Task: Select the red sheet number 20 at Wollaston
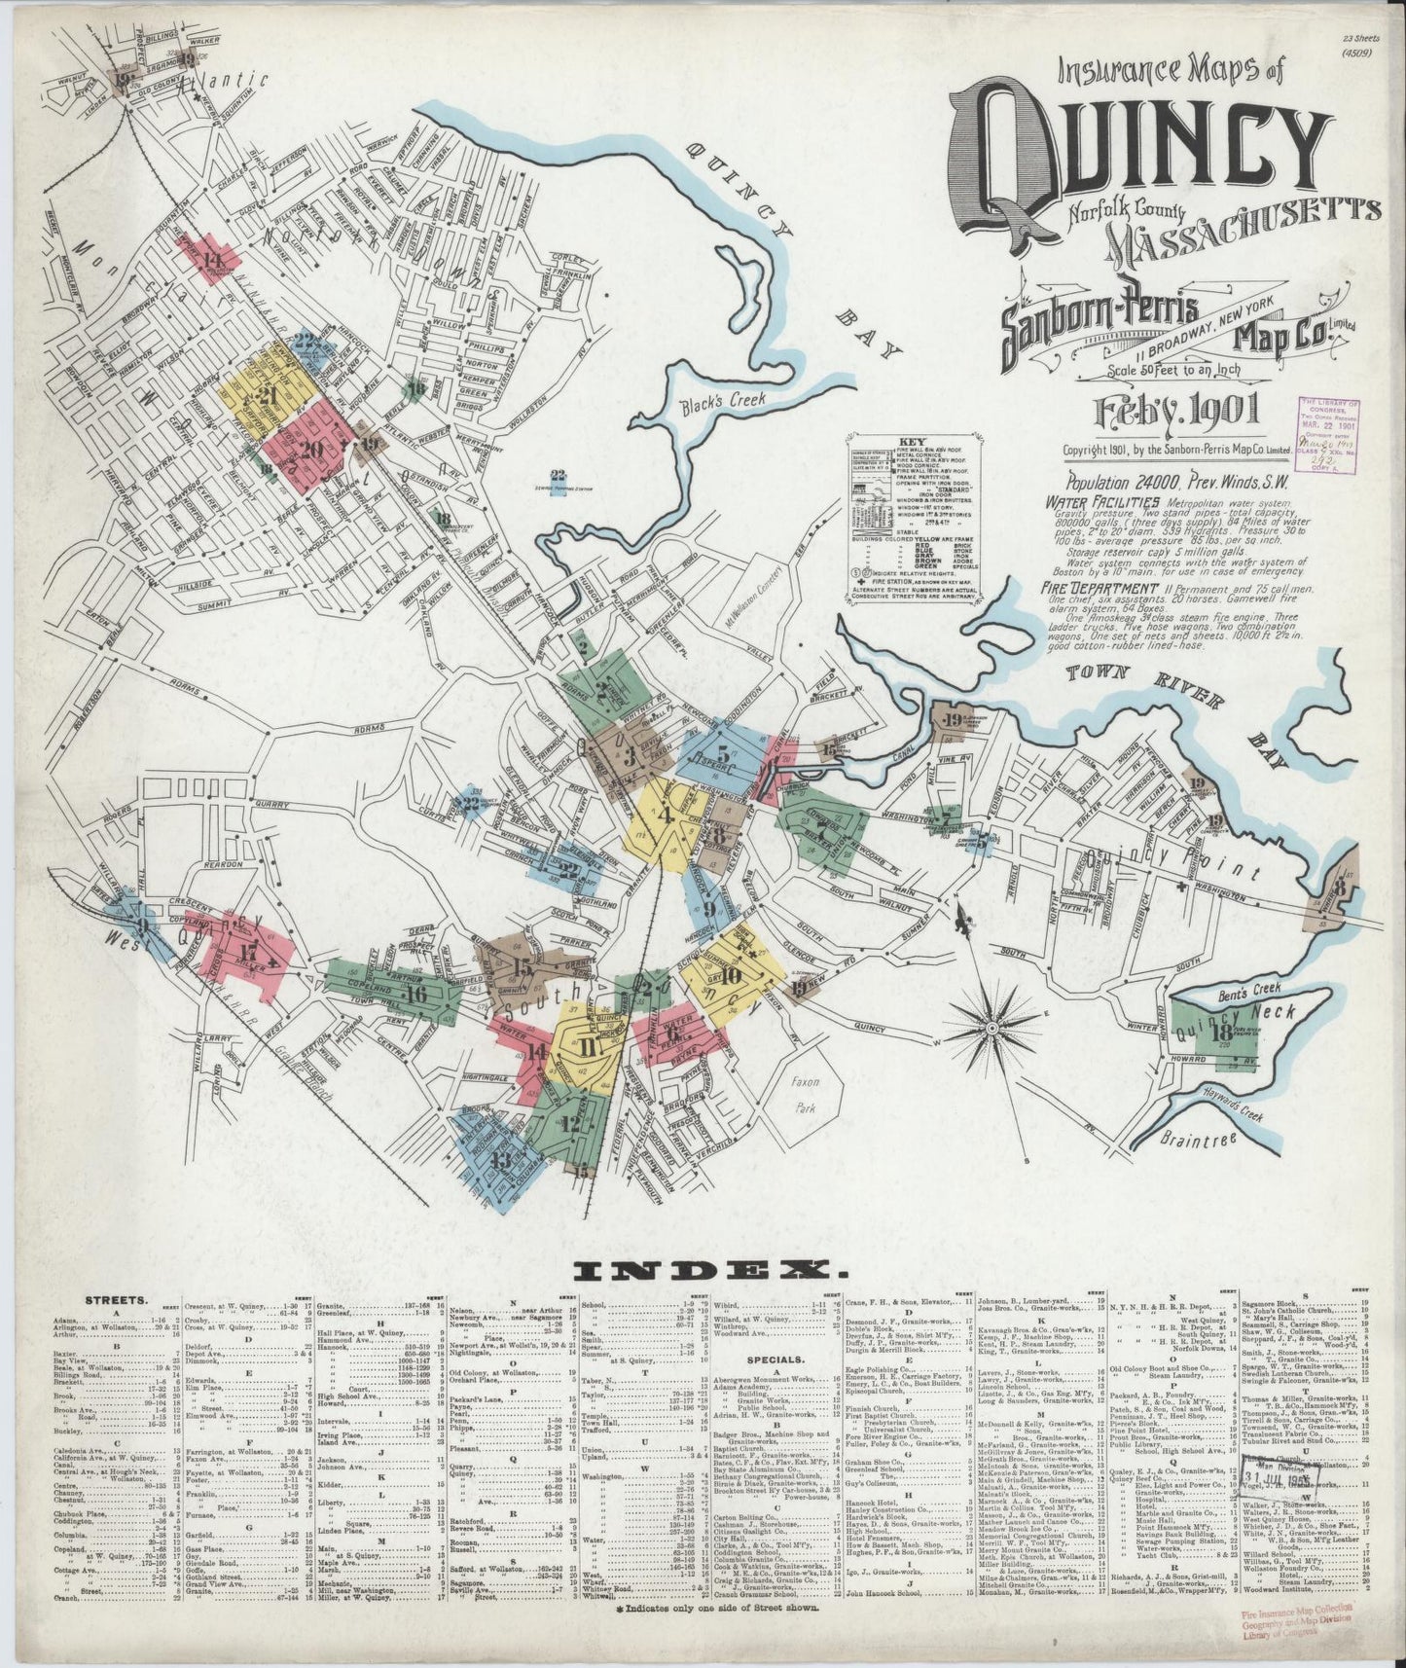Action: pyautogui.click(x=311, y=450)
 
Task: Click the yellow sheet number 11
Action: pyautogui.click(x=588, y=1047)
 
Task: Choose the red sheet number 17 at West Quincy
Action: pyautogui.click(x=249, y=953)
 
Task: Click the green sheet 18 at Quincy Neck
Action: pyautogui.click(x=1216, y=1033)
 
